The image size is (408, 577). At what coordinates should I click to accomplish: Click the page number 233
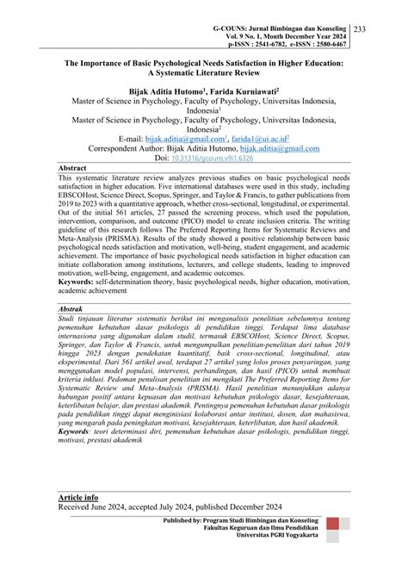[384, 30]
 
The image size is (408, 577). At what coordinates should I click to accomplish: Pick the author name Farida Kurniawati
[250, 90]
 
